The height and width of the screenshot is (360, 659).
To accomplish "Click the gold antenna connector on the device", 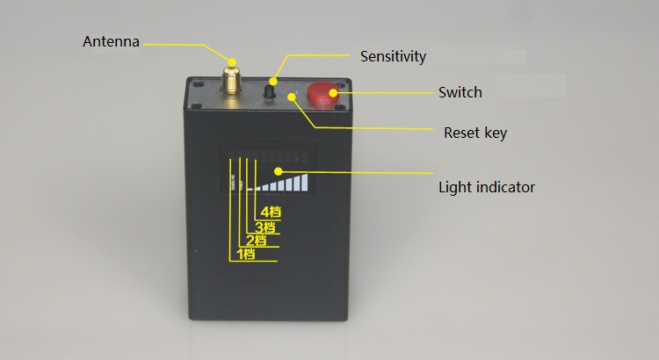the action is point(231,80).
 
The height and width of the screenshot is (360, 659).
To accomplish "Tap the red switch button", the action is point(322,96).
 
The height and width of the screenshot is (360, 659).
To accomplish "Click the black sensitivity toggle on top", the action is point(270,90).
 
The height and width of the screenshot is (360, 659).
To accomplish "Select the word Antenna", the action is point(111,41).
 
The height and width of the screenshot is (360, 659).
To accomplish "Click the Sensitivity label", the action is point(393,56).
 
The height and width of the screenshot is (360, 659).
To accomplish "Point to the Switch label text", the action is point(460,92).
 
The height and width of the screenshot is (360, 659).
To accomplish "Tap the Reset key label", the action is point(475,133).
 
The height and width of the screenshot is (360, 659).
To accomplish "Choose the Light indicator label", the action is point(487,187).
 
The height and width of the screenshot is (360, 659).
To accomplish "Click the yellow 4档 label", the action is point(271,212).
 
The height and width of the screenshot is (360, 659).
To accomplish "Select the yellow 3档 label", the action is point(265,227).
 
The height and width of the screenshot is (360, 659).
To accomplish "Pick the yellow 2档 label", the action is point(256,241).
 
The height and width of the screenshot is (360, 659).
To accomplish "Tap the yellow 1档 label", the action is point(246,254).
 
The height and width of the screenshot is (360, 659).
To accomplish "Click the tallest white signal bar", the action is point(304,183).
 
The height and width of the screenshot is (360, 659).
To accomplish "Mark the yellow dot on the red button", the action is point(334,93).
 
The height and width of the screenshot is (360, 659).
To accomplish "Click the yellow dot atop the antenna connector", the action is point(231,62).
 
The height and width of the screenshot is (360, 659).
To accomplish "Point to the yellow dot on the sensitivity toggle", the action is point(273,82).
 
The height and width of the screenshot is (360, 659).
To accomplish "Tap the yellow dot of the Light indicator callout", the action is point(279,171).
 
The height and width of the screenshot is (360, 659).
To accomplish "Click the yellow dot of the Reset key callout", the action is point(292,97).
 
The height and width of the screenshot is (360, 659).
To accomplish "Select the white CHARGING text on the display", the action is point(233,182).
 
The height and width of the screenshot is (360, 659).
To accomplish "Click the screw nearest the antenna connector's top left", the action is point(199,84).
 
